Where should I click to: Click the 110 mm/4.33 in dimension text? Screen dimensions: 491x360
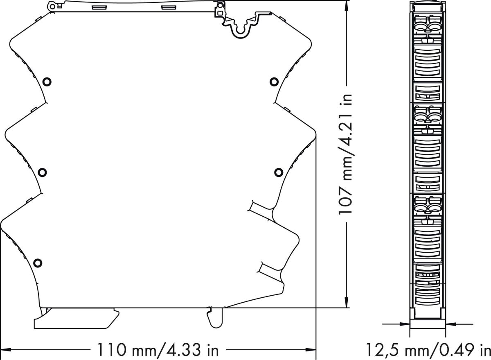158,350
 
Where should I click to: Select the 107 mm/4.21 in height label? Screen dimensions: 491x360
346,154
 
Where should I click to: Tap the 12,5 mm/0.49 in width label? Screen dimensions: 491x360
428,350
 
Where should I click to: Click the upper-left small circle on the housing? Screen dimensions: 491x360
47,82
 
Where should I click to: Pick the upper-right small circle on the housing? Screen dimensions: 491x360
274,82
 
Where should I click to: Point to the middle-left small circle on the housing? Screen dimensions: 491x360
42,172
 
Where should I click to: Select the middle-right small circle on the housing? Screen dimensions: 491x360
279,172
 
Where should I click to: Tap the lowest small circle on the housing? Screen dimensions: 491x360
38,263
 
